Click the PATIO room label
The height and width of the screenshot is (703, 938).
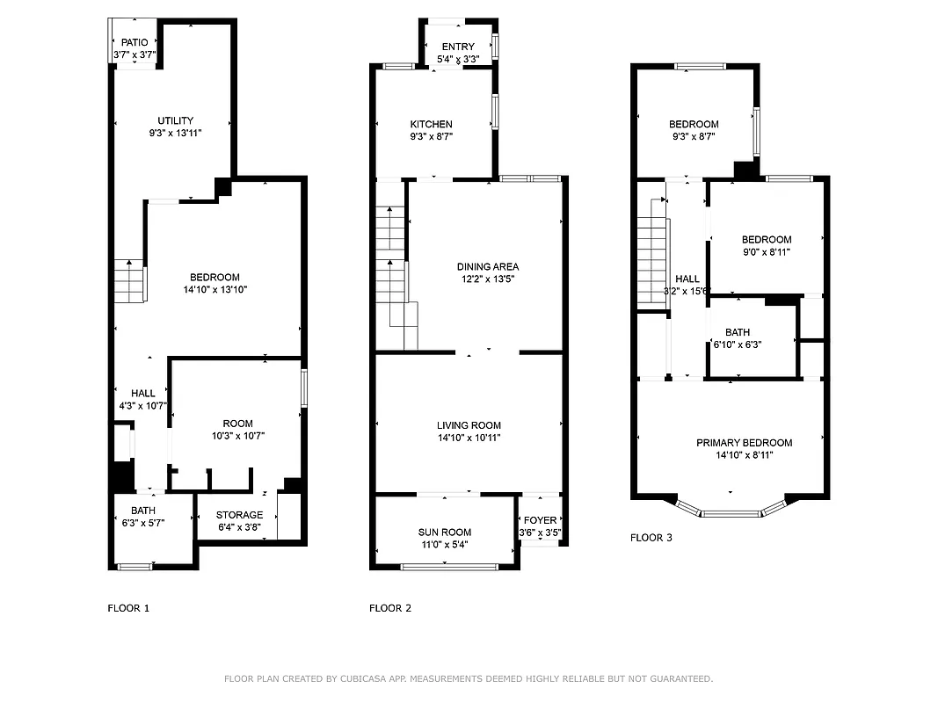(135, 42)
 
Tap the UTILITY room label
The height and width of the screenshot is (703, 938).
(176, 120)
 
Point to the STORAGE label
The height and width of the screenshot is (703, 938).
(240, 515)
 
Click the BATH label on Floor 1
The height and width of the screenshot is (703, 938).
(143, 511)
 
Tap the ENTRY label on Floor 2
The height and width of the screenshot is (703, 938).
(458, 47)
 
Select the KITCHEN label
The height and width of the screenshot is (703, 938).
(432, 125)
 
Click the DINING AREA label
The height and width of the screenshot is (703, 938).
(488, 267)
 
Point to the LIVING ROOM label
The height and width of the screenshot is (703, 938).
(469, 425)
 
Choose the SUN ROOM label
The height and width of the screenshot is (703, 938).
(445, 533)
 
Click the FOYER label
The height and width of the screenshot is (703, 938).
(540, 520)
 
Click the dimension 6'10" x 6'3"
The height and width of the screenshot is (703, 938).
(737, 344)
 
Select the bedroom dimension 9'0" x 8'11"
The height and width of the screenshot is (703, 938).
(767, 251)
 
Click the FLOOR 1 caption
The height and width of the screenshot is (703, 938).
(128, 608)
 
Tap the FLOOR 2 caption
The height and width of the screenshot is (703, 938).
(389, 608)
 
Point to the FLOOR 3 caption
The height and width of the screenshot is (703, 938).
(651, 538)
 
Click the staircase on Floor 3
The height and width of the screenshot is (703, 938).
(651, 255)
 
